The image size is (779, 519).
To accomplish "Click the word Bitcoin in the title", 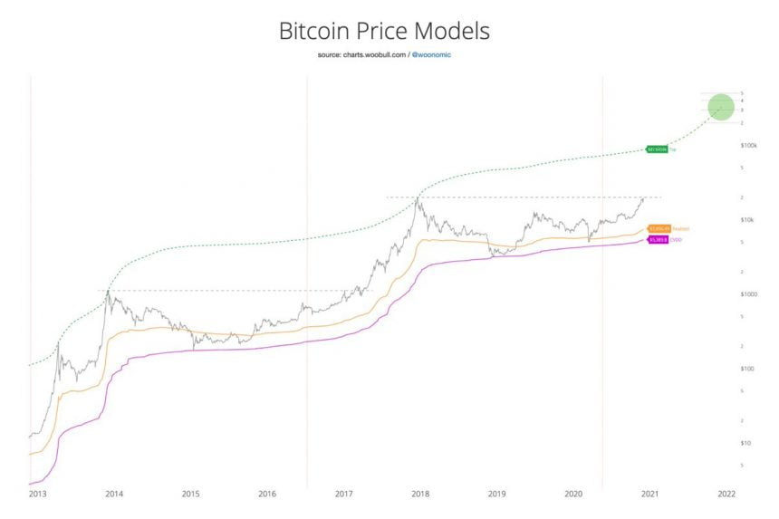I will click(x=313, y=31).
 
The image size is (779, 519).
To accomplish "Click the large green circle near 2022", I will click(x=721, y=108).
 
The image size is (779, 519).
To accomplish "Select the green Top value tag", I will click(x=657, y=148).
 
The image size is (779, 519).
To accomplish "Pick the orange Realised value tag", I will click(x=658, y=229).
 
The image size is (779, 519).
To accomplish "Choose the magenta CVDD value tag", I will click(x=657, y=240).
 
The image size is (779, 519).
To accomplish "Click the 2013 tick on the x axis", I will click(x=37, y=494).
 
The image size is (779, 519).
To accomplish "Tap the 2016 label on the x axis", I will click(x=267, y=494).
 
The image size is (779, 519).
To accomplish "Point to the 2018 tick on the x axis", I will click(x=419, y=494).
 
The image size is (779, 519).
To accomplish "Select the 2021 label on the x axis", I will click(x=649, y=494).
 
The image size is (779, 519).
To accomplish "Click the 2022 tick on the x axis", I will click(x=726, y=494).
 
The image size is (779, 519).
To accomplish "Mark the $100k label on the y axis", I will click(x=748, y=145).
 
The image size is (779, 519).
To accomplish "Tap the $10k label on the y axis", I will click(x=747, y=220).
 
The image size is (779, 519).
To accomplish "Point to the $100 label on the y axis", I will click(x=747, y=369).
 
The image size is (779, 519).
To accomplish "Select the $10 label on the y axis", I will click(x=746, y=443).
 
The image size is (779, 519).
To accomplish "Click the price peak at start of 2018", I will click(x=418, y=198).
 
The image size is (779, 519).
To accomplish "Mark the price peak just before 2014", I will click(x=109, y=292).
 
